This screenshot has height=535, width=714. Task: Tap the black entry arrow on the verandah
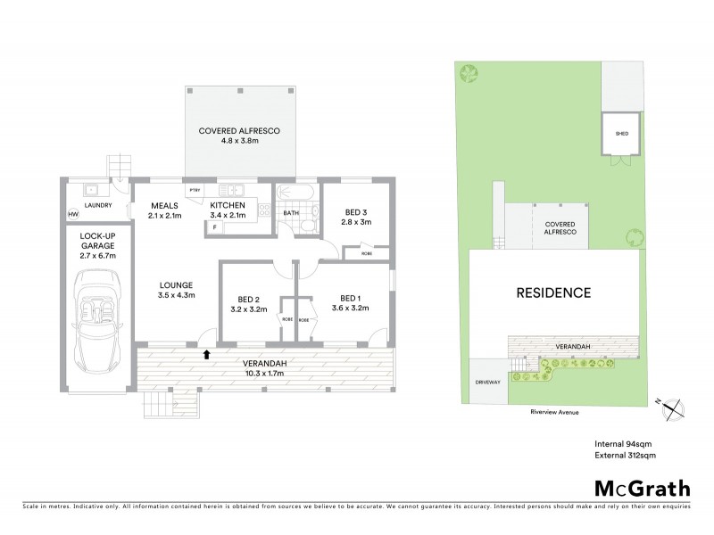tap(207, 354)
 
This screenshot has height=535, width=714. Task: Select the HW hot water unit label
tap(73, 214)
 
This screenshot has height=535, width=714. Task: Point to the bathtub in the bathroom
tap(291, 193)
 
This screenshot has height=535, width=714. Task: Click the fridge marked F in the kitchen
tap(214, 227)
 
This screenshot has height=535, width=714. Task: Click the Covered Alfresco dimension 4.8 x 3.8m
tap(240, 142)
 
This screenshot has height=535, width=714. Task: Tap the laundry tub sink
tap(90, 190)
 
